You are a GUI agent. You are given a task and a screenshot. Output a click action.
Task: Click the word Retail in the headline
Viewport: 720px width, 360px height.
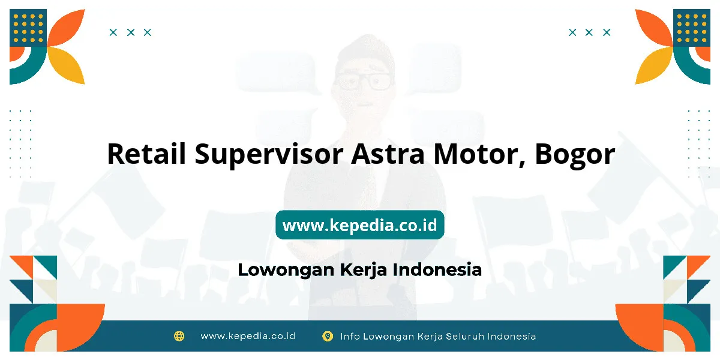pos(146,154)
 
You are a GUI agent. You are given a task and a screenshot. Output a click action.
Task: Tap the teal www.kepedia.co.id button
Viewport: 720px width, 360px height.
pos(359,224)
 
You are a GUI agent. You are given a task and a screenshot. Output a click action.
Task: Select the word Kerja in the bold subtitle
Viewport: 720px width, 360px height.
pos(363,270)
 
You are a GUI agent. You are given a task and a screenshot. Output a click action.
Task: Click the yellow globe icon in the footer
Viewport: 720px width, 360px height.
pos(179,336)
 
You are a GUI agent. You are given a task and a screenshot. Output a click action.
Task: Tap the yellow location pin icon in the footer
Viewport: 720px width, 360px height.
pos(327,336)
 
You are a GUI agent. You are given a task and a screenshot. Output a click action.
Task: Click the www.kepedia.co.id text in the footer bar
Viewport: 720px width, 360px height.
pos(248,336)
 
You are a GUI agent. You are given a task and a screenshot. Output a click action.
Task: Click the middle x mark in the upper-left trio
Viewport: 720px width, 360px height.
pos(131,32)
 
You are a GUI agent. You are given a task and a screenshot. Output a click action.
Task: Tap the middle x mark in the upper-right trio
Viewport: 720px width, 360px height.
pos(589,32)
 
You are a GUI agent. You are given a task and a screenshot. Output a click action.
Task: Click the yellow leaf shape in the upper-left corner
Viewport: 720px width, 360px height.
pos(67,65)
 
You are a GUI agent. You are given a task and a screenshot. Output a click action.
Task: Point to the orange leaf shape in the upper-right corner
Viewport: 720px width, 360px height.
pos(654,28)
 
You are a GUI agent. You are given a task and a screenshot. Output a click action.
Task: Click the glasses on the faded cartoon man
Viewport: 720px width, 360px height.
pos(364,81)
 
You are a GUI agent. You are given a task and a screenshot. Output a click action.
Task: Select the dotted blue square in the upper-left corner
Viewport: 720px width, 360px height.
pos(28,28)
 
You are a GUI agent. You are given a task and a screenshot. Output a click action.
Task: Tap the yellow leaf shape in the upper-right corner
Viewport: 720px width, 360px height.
pos(654,65)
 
